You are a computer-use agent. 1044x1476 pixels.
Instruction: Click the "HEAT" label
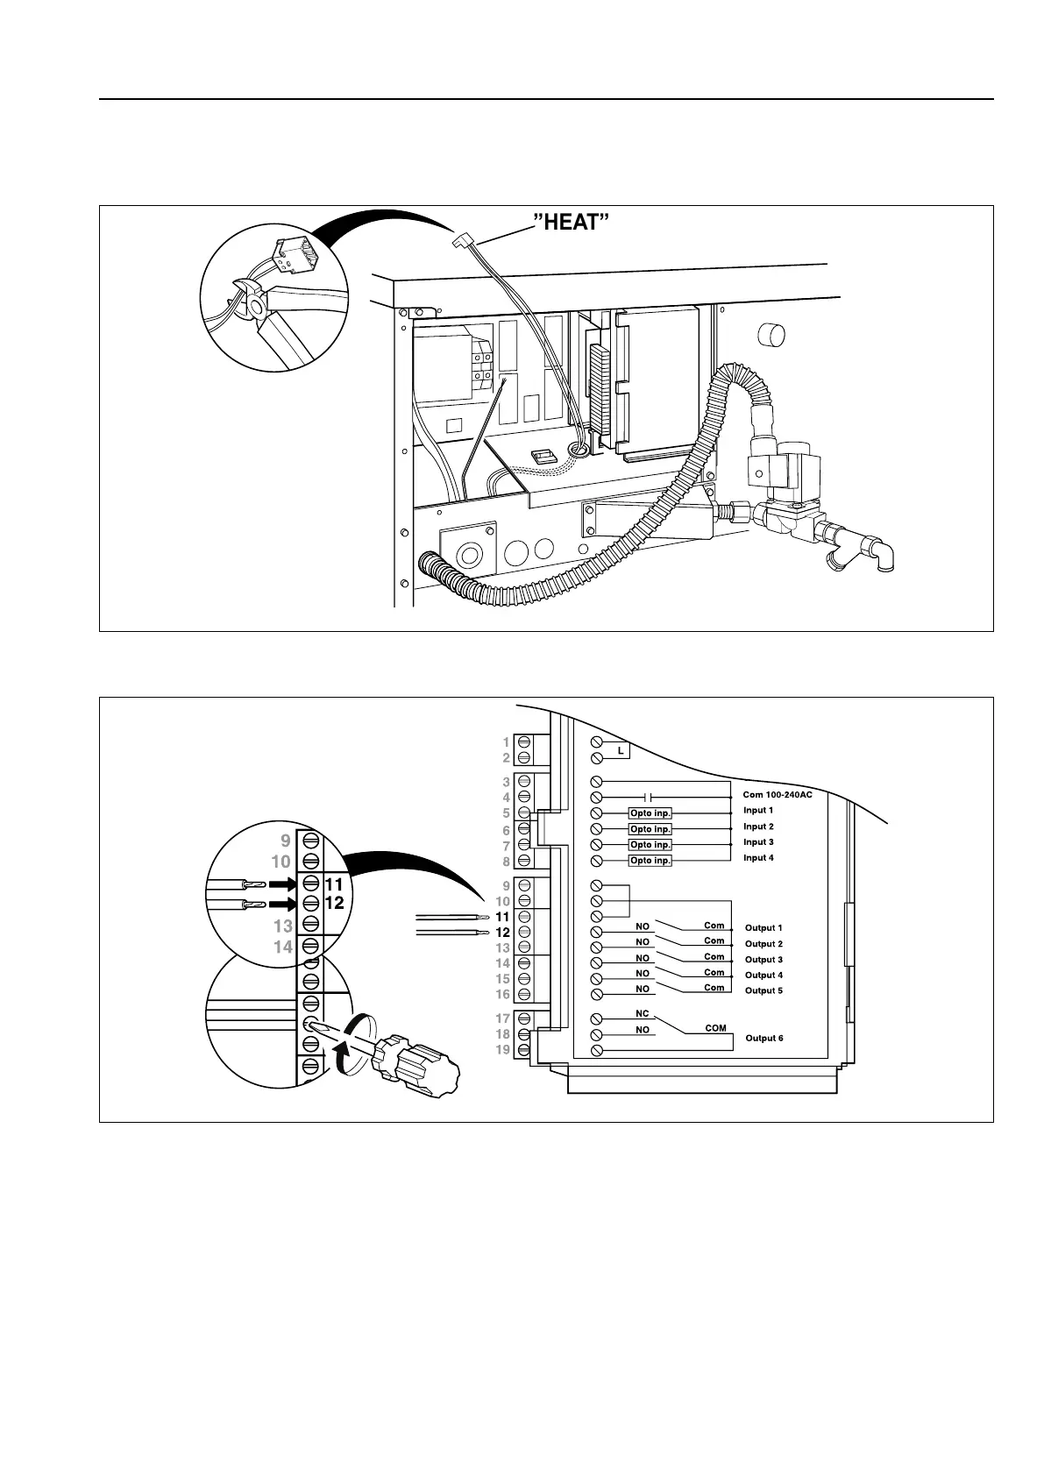(x=571, y=222)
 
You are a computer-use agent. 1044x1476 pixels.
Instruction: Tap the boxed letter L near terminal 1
(x=620, y=751)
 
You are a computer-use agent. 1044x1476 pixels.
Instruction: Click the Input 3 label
(x=758, y=842)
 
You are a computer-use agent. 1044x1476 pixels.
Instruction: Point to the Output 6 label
(x=764, y=1039)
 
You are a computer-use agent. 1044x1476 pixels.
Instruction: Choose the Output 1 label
(x=763, y=928)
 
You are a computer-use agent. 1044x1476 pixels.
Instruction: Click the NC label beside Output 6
(x=643, y=1014)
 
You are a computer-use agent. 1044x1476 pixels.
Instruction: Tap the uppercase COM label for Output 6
(x=716, y=1028)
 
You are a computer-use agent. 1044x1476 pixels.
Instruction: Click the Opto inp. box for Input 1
(x=650, y=813)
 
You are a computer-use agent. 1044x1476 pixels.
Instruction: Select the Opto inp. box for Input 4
(x=650, y=861)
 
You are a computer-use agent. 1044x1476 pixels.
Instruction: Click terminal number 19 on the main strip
(x=502, y=1050)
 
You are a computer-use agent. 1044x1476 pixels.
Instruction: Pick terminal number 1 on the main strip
(x=506, y=742)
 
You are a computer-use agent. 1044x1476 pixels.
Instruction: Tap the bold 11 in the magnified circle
(x=334, y=885)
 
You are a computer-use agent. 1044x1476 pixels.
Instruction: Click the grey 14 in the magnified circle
(x=282, y=947)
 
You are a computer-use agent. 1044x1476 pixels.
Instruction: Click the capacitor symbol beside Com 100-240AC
(x=649, y=798)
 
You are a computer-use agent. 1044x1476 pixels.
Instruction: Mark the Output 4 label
(x=763, y=976)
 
